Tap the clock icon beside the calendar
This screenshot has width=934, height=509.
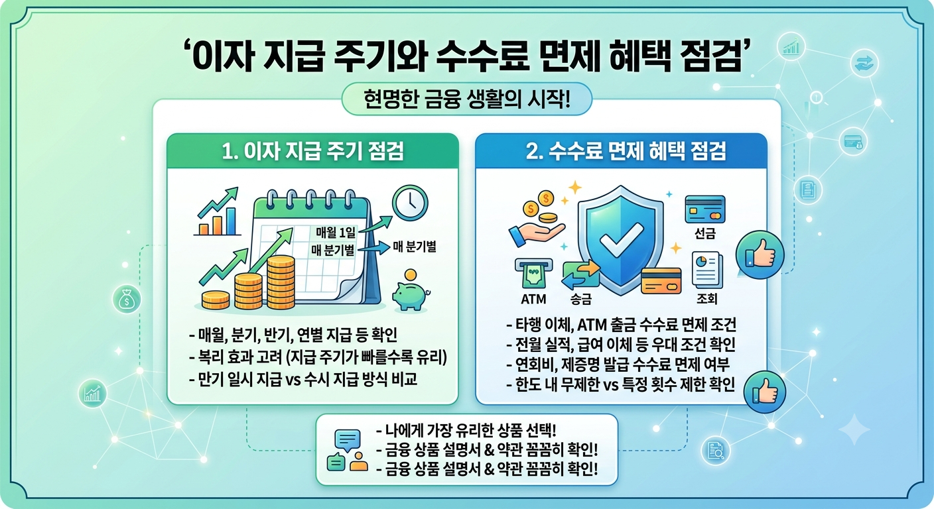(409, 203)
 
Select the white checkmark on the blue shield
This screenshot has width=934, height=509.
(620, 240)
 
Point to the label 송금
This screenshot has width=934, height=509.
(581, 299)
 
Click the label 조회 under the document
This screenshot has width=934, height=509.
(706, 298)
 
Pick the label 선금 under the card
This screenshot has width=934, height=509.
(705, 233)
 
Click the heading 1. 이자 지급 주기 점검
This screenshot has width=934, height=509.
(312, 151)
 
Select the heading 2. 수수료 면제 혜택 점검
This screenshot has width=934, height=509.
(626, 151)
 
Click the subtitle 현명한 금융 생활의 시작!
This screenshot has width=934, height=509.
(466, 99)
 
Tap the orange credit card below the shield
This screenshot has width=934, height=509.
(661, 281)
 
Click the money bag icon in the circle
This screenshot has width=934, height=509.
(127, 299)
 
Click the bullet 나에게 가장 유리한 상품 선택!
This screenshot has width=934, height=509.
(466, 429)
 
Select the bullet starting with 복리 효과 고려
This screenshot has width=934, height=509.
(318, 357)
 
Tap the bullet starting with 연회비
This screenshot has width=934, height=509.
(618, 365)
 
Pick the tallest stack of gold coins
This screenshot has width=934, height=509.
(281, 282)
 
